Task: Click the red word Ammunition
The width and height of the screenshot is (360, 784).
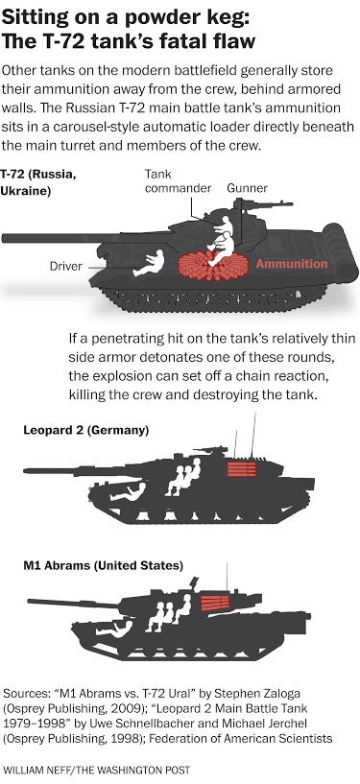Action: [292, 264]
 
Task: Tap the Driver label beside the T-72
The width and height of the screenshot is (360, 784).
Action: [65, 266]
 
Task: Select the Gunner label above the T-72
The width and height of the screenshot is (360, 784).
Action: [247, 188]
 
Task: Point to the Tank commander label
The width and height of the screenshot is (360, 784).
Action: [178, 181]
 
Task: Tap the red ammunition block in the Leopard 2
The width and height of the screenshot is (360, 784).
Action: [242, 469]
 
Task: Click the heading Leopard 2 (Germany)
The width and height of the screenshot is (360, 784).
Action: [86, 431]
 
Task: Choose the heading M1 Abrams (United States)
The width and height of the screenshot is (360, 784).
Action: [103, 566]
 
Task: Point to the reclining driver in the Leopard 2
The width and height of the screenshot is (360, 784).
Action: [129, 491]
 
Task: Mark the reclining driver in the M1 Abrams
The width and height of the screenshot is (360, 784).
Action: [115, 628]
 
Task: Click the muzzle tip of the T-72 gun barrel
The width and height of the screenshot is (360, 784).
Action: [3, 238]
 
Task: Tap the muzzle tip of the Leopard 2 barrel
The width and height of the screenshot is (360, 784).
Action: [25, 470]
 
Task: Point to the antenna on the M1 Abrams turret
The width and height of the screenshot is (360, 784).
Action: [228, 577]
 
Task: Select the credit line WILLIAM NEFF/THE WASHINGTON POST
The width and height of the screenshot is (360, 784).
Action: [97, 770]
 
